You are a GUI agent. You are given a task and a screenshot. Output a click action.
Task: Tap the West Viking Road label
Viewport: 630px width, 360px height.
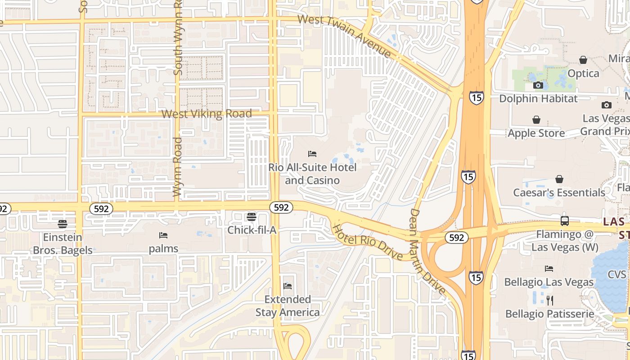(207, 114)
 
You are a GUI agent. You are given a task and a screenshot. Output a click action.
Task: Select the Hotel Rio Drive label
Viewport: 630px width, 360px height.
(367, 242)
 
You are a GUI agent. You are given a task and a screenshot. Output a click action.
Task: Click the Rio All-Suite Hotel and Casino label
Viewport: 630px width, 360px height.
(312, 174)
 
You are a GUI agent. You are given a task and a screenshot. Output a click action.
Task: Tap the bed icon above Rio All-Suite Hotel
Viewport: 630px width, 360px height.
(312, 154)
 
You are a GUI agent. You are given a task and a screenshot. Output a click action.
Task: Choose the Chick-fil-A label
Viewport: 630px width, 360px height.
(252, 230)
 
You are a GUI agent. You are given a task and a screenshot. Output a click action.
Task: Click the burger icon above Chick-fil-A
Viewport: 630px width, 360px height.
(252, 217)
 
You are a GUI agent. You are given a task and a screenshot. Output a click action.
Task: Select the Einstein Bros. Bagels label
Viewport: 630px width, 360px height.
(63, 243)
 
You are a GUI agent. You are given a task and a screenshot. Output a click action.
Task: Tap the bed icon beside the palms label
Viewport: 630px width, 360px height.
(163, 235)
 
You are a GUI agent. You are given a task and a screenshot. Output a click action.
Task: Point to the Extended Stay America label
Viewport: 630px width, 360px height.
(288, 306)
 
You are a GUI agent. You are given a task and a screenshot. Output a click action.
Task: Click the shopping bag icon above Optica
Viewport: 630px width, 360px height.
(583, 60)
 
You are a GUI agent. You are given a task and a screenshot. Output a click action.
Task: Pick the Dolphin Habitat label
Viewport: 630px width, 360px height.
(538, 98)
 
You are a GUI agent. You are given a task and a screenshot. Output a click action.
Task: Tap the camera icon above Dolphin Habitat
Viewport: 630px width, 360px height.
(538, 85)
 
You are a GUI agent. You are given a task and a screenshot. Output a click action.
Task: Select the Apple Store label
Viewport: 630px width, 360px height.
(536, 133)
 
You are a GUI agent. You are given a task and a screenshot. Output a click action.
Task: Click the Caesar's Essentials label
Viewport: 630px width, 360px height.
(559, 193)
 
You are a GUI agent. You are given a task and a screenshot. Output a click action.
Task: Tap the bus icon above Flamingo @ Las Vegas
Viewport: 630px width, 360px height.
(565, 221)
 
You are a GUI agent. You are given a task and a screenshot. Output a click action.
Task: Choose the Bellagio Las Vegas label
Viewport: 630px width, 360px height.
(549, 282)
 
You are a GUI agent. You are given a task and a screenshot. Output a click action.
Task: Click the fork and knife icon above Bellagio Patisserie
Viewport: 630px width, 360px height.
(549, 300)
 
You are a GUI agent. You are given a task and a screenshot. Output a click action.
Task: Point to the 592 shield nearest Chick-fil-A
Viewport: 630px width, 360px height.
(281, 207)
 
